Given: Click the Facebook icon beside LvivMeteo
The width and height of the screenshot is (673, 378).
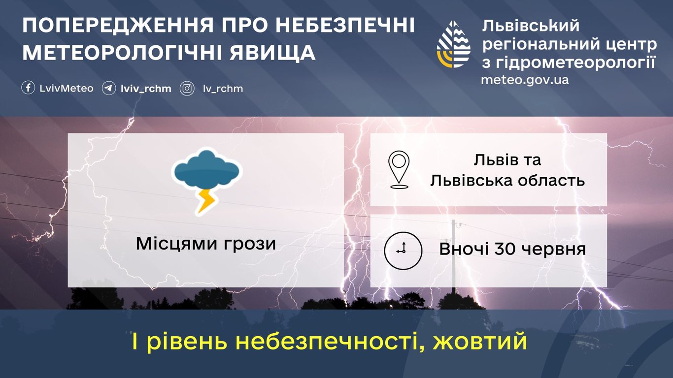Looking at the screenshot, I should pyautogui.click(x=29, y=88).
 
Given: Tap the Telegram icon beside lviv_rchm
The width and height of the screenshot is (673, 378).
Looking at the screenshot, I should pyautogui.click(x=109, y=89).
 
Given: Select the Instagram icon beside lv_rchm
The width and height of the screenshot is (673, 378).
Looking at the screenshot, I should pyautogui.click(x=187, y=89).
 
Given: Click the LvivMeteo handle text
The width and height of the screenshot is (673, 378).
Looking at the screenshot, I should pyautogui.click(x=66, y=89).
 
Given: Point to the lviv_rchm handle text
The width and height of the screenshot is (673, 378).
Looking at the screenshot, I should pyautogui.click(x=146, y=89).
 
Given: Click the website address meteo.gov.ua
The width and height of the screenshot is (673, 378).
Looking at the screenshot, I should pyautogui.click(x=525, y=80).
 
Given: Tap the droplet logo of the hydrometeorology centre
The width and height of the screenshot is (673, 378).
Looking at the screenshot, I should pyautogui.click(x=454, y=44).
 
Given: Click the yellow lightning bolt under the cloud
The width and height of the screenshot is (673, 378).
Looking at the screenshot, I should pyautogui.click(x=206, y=200).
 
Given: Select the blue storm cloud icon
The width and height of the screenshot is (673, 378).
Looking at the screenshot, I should pyautogui.click(x=206, y=170).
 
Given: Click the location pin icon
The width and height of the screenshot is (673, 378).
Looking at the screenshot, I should pyautogui.click(x=399, y=169).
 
